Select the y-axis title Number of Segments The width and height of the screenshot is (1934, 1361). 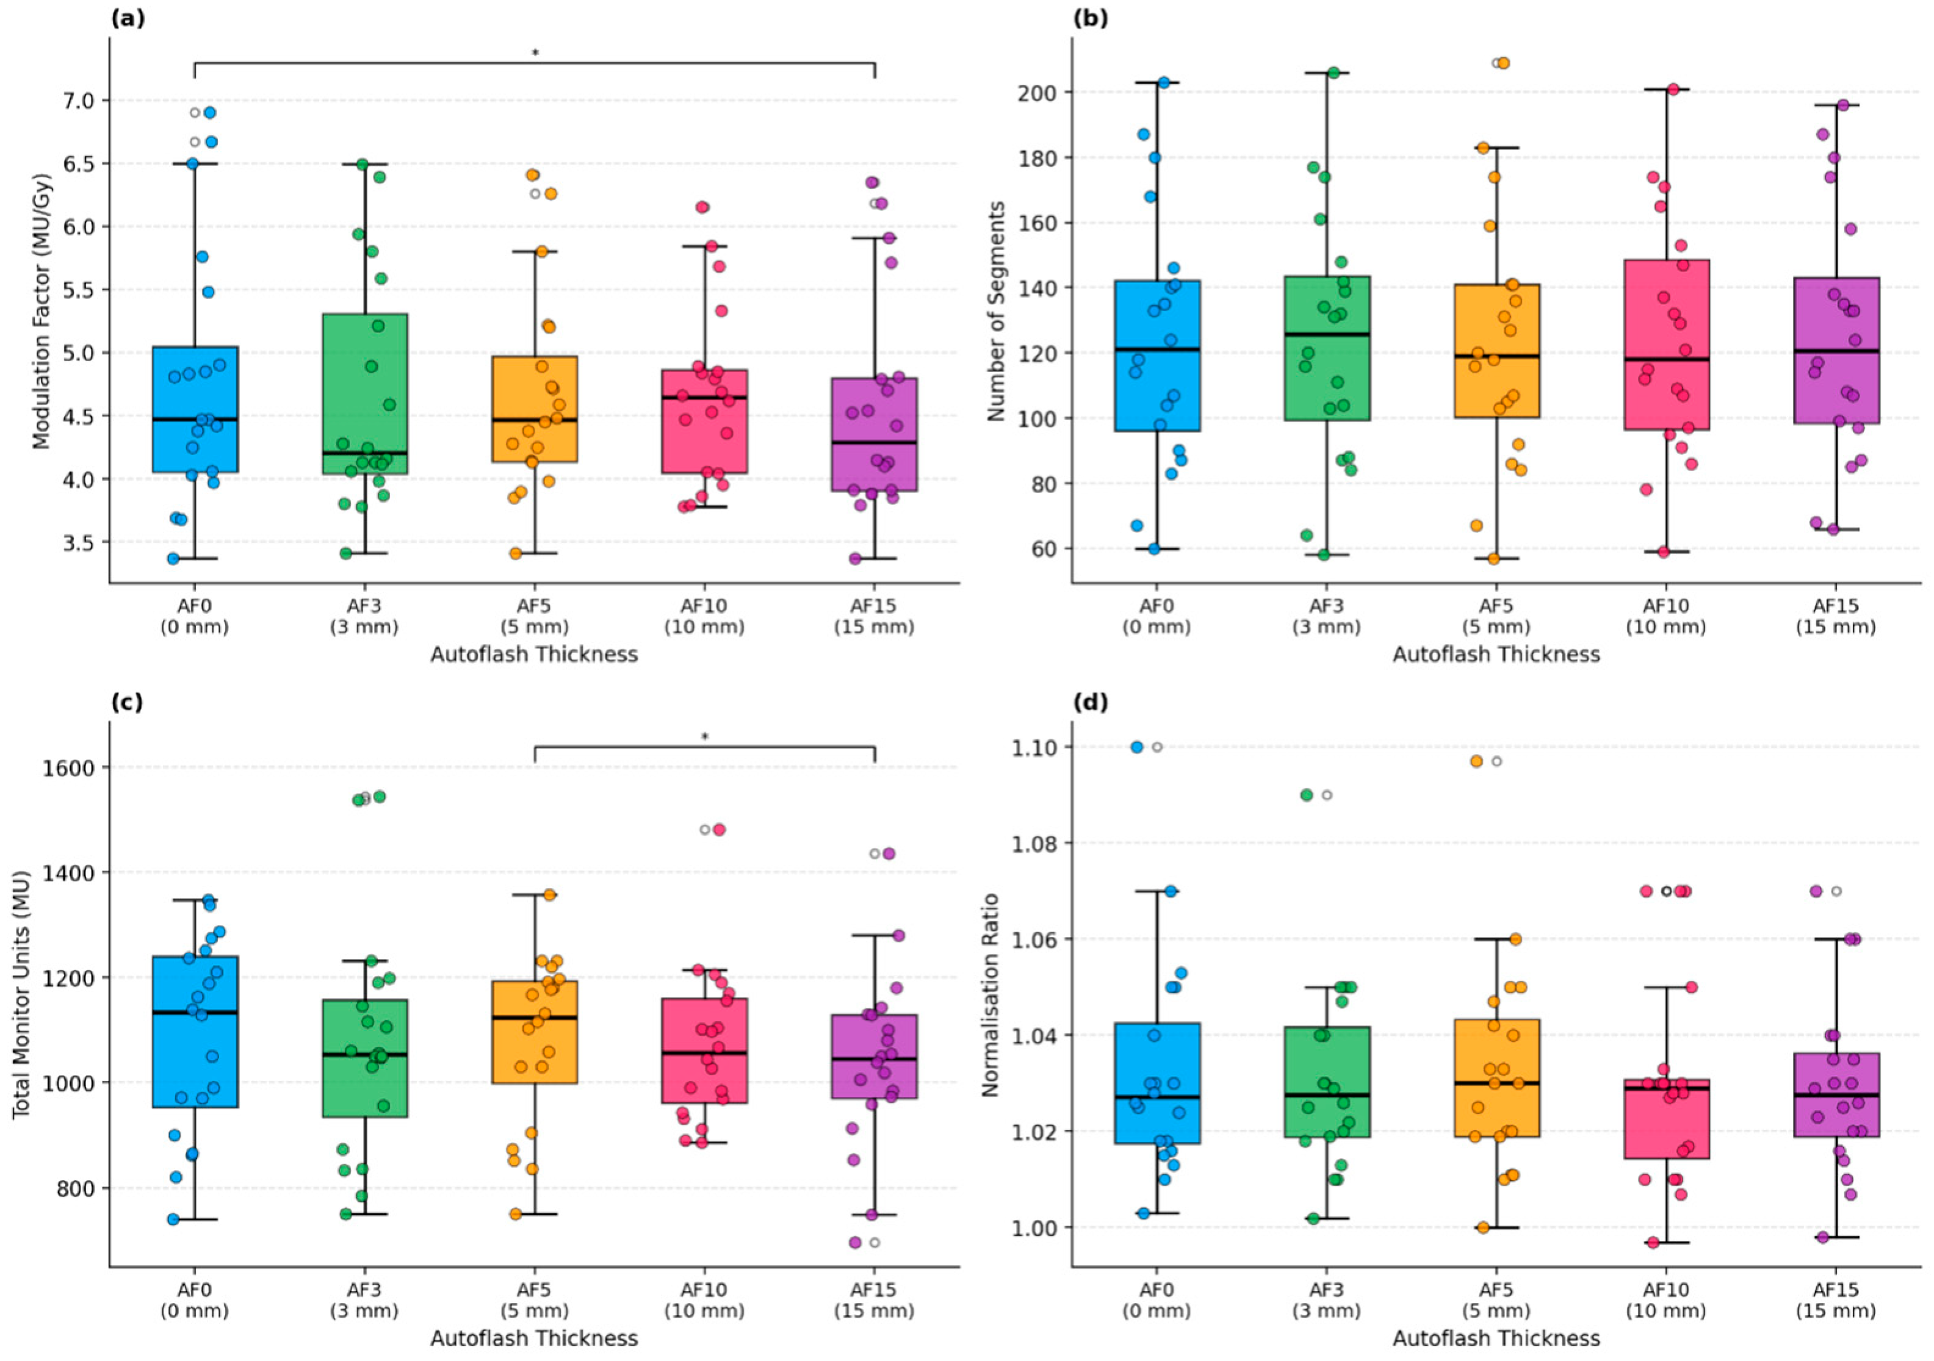click(x=997, y=312)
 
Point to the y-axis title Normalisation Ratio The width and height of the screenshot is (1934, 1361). click(x=990, y=994)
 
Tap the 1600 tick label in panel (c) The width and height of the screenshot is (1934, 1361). click(x=67, y=767)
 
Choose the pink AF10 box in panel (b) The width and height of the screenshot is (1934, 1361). click(x=1666, y=345)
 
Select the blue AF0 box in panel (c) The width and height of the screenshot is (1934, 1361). click(x=195, y=1032)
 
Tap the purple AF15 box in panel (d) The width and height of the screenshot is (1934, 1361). click(x=1836, y=1095)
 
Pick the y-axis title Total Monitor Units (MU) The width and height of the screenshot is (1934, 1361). click(x=21, y=994)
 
